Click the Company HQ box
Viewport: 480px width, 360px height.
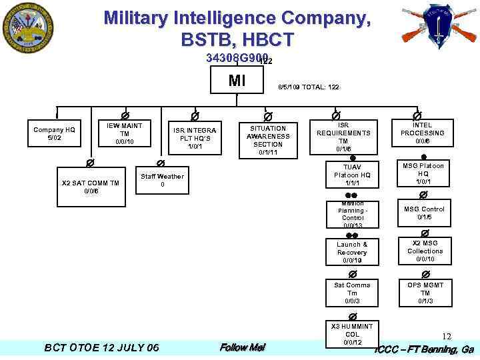tap(55, 134)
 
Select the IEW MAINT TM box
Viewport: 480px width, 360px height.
tap(125, 133)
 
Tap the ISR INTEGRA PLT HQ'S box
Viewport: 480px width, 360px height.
tap(194, 138)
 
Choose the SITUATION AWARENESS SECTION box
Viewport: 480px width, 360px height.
tap(265, 140)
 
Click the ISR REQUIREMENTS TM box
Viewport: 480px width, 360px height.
tap(343, 137)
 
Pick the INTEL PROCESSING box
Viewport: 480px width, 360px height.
tap(422, 133)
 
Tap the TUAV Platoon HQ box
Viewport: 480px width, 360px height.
tap(352, 175)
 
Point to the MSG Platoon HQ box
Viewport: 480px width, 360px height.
tap(423, 173)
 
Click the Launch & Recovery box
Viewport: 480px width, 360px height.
tap(352, 252)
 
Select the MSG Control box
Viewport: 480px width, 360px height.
tap(425, 213)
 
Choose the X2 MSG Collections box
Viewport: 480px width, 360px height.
tap(425, 251)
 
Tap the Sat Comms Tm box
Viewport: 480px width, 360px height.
tap(352, 293)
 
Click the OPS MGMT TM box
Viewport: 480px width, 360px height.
tap(425, 293)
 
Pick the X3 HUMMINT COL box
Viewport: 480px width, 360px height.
tap(352, 334)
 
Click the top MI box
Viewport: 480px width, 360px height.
tap(237, 81)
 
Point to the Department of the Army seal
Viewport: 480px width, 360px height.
tap(29, 30)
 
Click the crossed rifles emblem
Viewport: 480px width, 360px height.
tap(439, 27)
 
